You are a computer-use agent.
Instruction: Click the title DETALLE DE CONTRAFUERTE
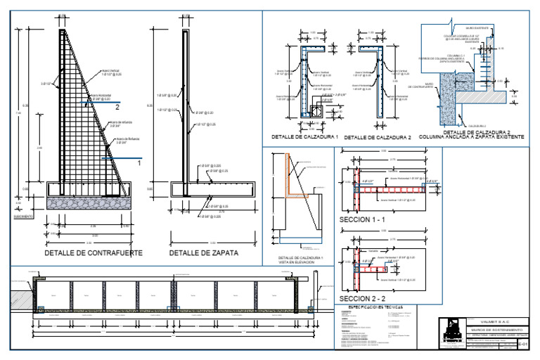(x=94, y=252)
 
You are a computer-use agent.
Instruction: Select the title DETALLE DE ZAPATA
(x=203, y=252)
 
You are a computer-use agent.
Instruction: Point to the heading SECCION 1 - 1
(x=361, y=220)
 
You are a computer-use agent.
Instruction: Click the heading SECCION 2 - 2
(x=361, y=288)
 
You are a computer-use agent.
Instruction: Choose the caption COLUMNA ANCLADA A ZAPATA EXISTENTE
(x=471, y=137)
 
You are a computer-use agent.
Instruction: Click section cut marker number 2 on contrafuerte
(x=117, y=107)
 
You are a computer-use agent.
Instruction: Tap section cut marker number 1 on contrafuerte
(x=139, y=162)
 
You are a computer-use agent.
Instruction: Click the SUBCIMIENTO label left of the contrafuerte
(x=22, y=217)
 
